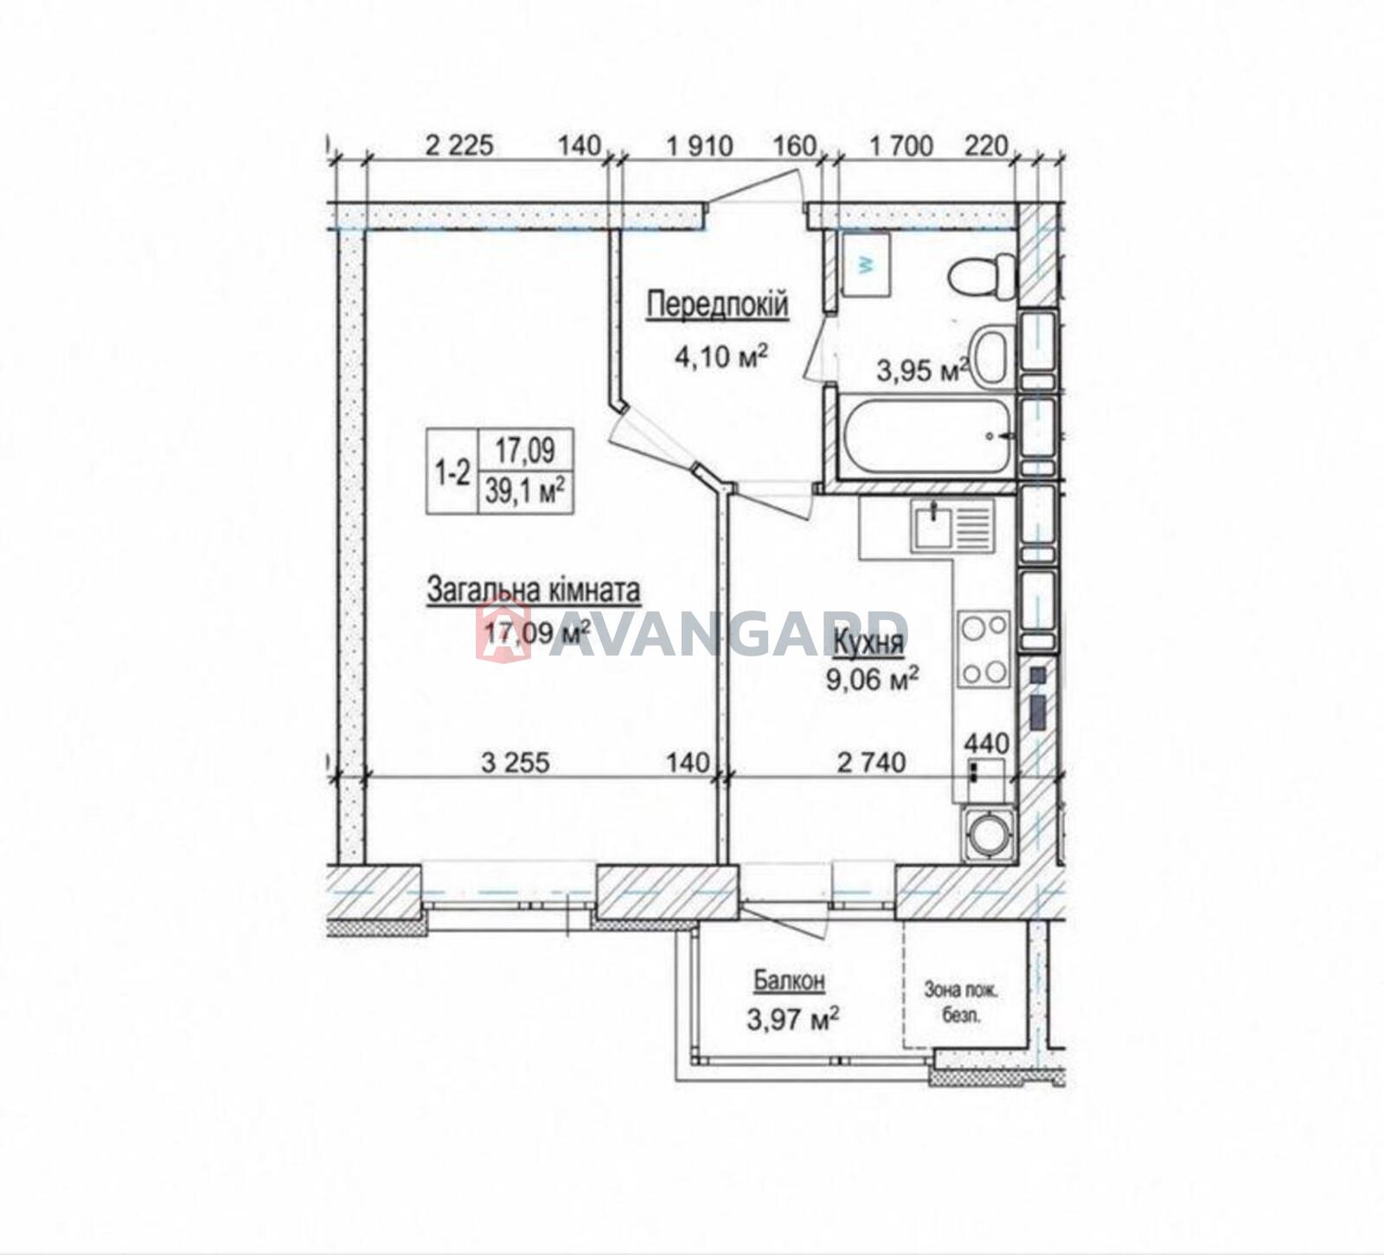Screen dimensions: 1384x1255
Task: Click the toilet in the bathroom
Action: click(x=982, y=276)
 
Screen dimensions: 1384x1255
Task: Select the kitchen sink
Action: click(x=951, y=527)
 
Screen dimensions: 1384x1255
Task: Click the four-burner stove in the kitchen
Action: click(x=985, y=649)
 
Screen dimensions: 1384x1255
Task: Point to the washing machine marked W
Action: click(x=866, y=265)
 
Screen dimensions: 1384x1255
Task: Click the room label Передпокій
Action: click(x=718, y=305)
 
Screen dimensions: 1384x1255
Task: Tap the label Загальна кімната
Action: click(x=534, y=591)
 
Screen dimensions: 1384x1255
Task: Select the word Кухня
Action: click(x=868, y=643)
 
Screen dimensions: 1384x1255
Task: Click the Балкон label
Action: click(x=789, y=981)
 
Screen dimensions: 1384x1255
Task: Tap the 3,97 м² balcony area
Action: click(x=793, y=1021)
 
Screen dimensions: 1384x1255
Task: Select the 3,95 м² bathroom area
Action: click(x=922, y=371)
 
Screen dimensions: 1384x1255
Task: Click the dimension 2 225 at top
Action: click(x=459, y=145)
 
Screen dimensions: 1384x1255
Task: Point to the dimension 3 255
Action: click(x=516, y=762)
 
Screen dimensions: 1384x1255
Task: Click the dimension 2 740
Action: click(x=872, y=762)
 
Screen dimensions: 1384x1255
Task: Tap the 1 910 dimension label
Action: click(x=700, y=145)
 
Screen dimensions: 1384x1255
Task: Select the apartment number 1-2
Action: click(x=452, y=472)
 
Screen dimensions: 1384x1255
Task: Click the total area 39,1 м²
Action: click(x=526, y=494)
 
